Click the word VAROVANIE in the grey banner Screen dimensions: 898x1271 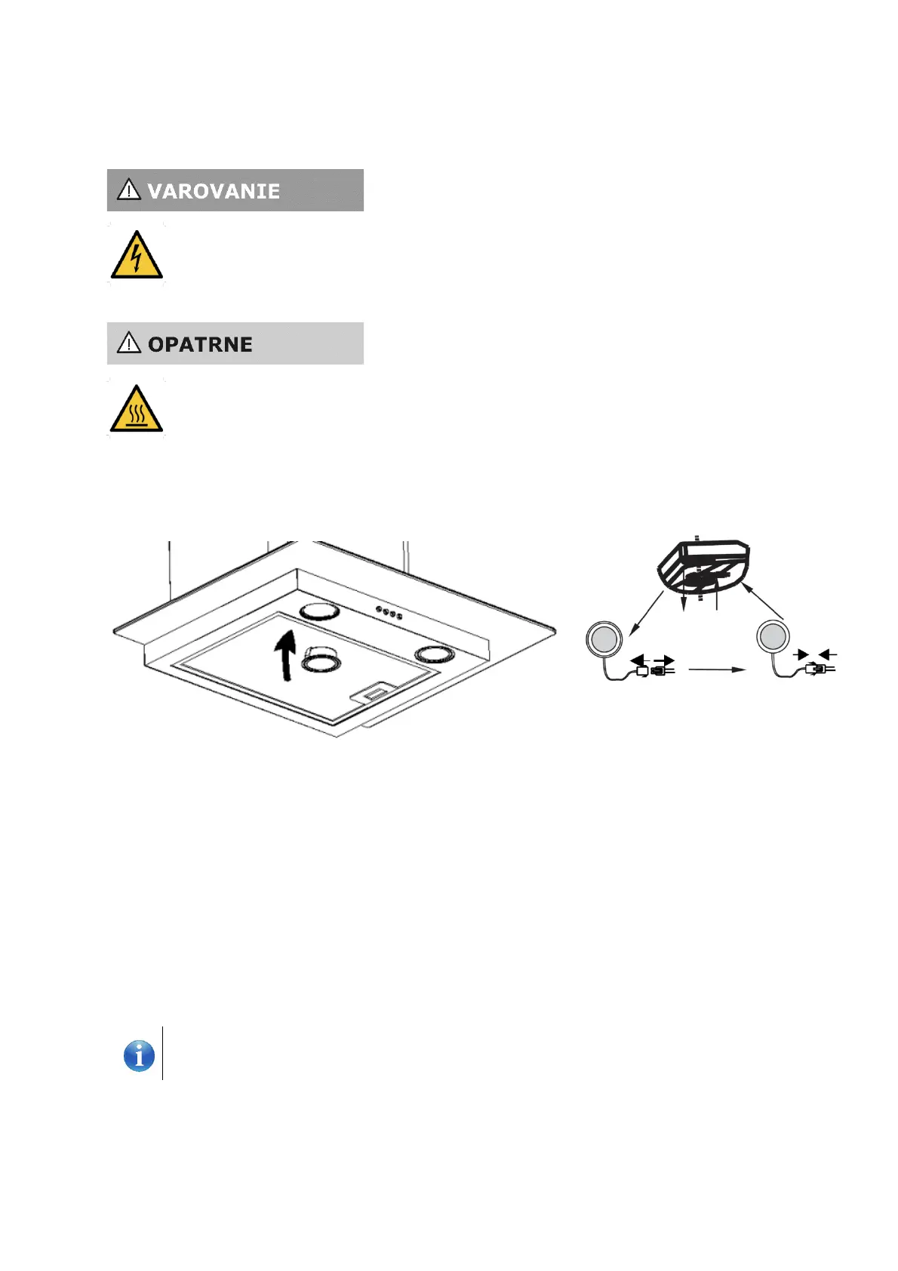[214, 192]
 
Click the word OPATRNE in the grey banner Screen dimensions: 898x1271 [200, 345]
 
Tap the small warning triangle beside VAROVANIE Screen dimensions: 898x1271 [129, 189]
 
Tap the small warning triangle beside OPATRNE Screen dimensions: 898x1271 [129, 343]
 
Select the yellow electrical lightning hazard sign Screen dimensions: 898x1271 [137, 256]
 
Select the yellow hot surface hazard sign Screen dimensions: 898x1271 [137, 410]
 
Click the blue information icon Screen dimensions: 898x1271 [139, 1055]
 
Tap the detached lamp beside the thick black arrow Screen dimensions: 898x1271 [321, 660]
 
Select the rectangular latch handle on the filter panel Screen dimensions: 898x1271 [374, 692]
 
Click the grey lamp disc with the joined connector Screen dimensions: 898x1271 [773, 637]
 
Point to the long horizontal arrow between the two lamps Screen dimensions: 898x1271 [717, 669]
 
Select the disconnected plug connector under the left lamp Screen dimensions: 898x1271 [654, 669]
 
